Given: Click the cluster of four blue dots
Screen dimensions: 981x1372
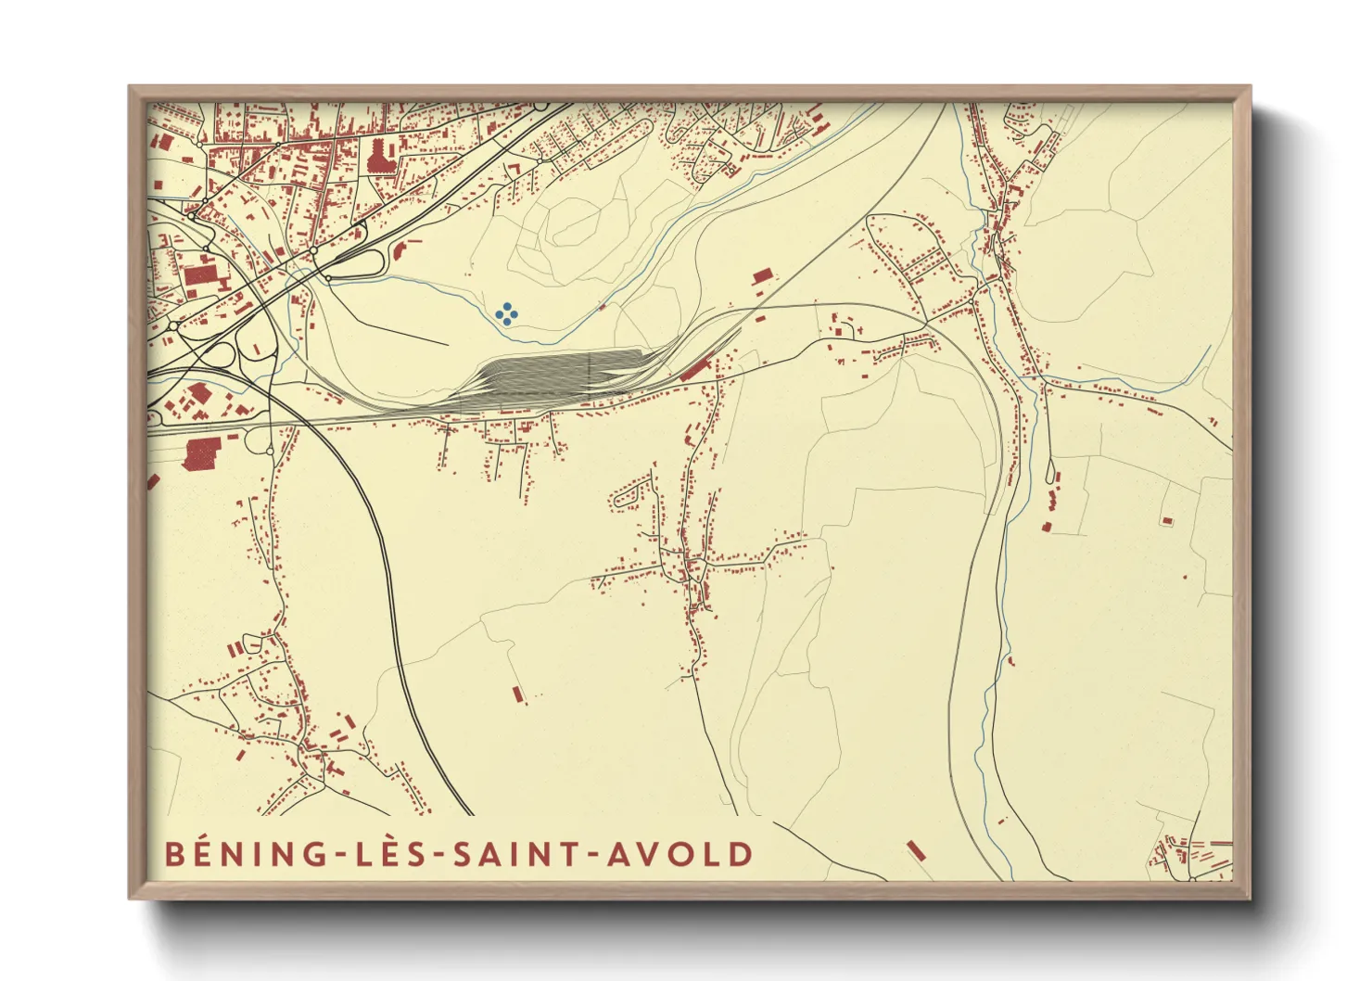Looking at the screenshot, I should (506, 313).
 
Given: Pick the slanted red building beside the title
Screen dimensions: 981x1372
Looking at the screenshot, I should (917, 850).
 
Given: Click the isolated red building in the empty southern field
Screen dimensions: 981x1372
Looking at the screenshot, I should (517, 693).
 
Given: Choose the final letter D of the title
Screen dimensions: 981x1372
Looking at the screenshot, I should (741, 854).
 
